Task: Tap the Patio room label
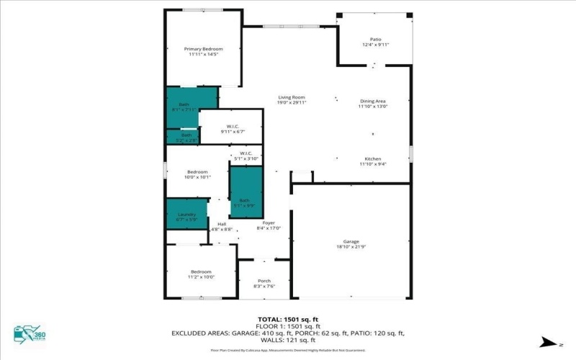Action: pyautogui.click(x=374, y=41)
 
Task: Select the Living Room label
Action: pyautogui.click(x=292, y=97)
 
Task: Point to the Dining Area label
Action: pyautogui.click(x=373, y=102)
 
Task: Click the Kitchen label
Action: pyautogui.click(x=373, y=158)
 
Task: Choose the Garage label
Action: pyautogui.click(x=351, y=241)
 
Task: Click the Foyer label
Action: pyautogui.click(x=268, y=223)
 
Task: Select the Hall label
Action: pyautogui.click(x=222, y=224)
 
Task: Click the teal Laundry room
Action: pyautogui.click(x=187, y=214)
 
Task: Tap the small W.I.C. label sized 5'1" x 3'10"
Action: pyautogui.click(x=245, y=154)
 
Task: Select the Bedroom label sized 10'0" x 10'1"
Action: pyautogui.click(x=197, y=172)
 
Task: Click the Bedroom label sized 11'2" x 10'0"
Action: pyautogui.click(x=201, y=271)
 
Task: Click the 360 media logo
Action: pyautogui.click(x=29, y=334)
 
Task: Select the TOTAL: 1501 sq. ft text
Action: pyautogui.click(x=287, y=319)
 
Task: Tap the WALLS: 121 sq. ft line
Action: pyautogui.click(x=287, y=340)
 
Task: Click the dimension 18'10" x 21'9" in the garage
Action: pyautogui.click(x=351, y=247)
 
